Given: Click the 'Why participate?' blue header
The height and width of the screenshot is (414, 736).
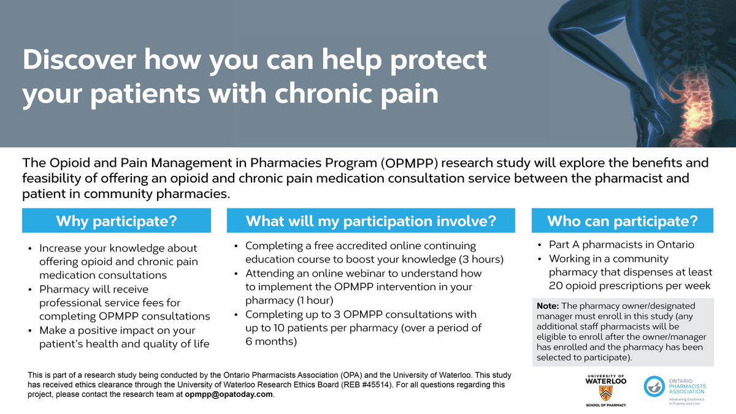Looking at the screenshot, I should (x=117, y=221).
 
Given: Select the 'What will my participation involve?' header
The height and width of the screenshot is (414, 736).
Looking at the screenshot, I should (x=371, y=221).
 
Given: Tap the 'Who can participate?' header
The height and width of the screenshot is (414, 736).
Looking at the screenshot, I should (x=622, y=221).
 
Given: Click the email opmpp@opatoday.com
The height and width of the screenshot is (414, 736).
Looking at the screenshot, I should (x=229, y=394).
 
